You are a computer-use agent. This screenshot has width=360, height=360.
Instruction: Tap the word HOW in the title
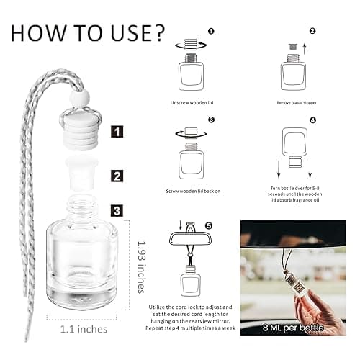click(41, 33)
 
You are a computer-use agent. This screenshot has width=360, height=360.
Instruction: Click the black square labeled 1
click(117, 132)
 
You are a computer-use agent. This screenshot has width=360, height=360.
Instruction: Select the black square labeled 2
click(117, 175)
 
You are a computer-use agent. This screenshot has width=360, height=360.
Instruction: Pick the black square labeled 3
click(117, 211)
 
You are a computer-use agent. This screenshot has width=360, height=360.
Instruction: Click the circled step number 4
click(312, 120)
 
